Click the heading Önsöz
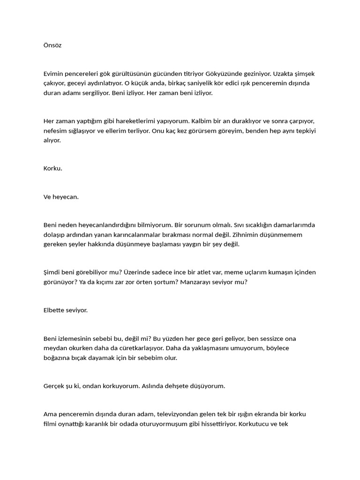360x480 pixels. click(x=52, y=45)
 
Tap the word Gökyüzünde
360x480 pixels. click(x=243, y=74)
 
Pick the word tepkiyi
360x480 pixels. click(x=305, y=131)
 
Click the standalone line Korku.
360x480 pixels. click(x=52, y=168)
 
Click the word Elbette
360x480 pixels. click(x=55, y=310)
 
